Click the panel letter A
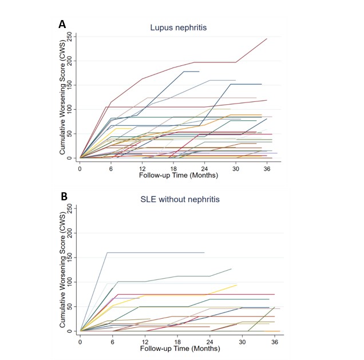pyautogui.click(x=62, y=24)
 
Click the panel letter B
pyautogui.click(x=64, y=196)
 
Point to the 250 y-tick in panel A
pyautogui.click(x=70, y=36)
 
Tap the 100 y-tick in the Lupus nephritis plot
pyautogui.click(x=70, y=109)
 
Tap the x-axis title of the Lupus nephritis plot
pyautogui.click(x=177, y=175)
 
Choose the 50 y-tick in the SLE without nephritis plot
pyautogui.click(x=70, y=307)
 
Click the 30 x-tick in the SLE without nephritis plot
pyautogui.click(x=243, y=342)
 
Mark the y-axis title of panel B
pyautogui.click(x=62, y=269)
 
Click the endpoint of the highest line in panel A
pyautogui.click(x=267, y=39)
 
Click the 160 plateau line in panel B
pyautogui.click(x=155, y=252)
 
